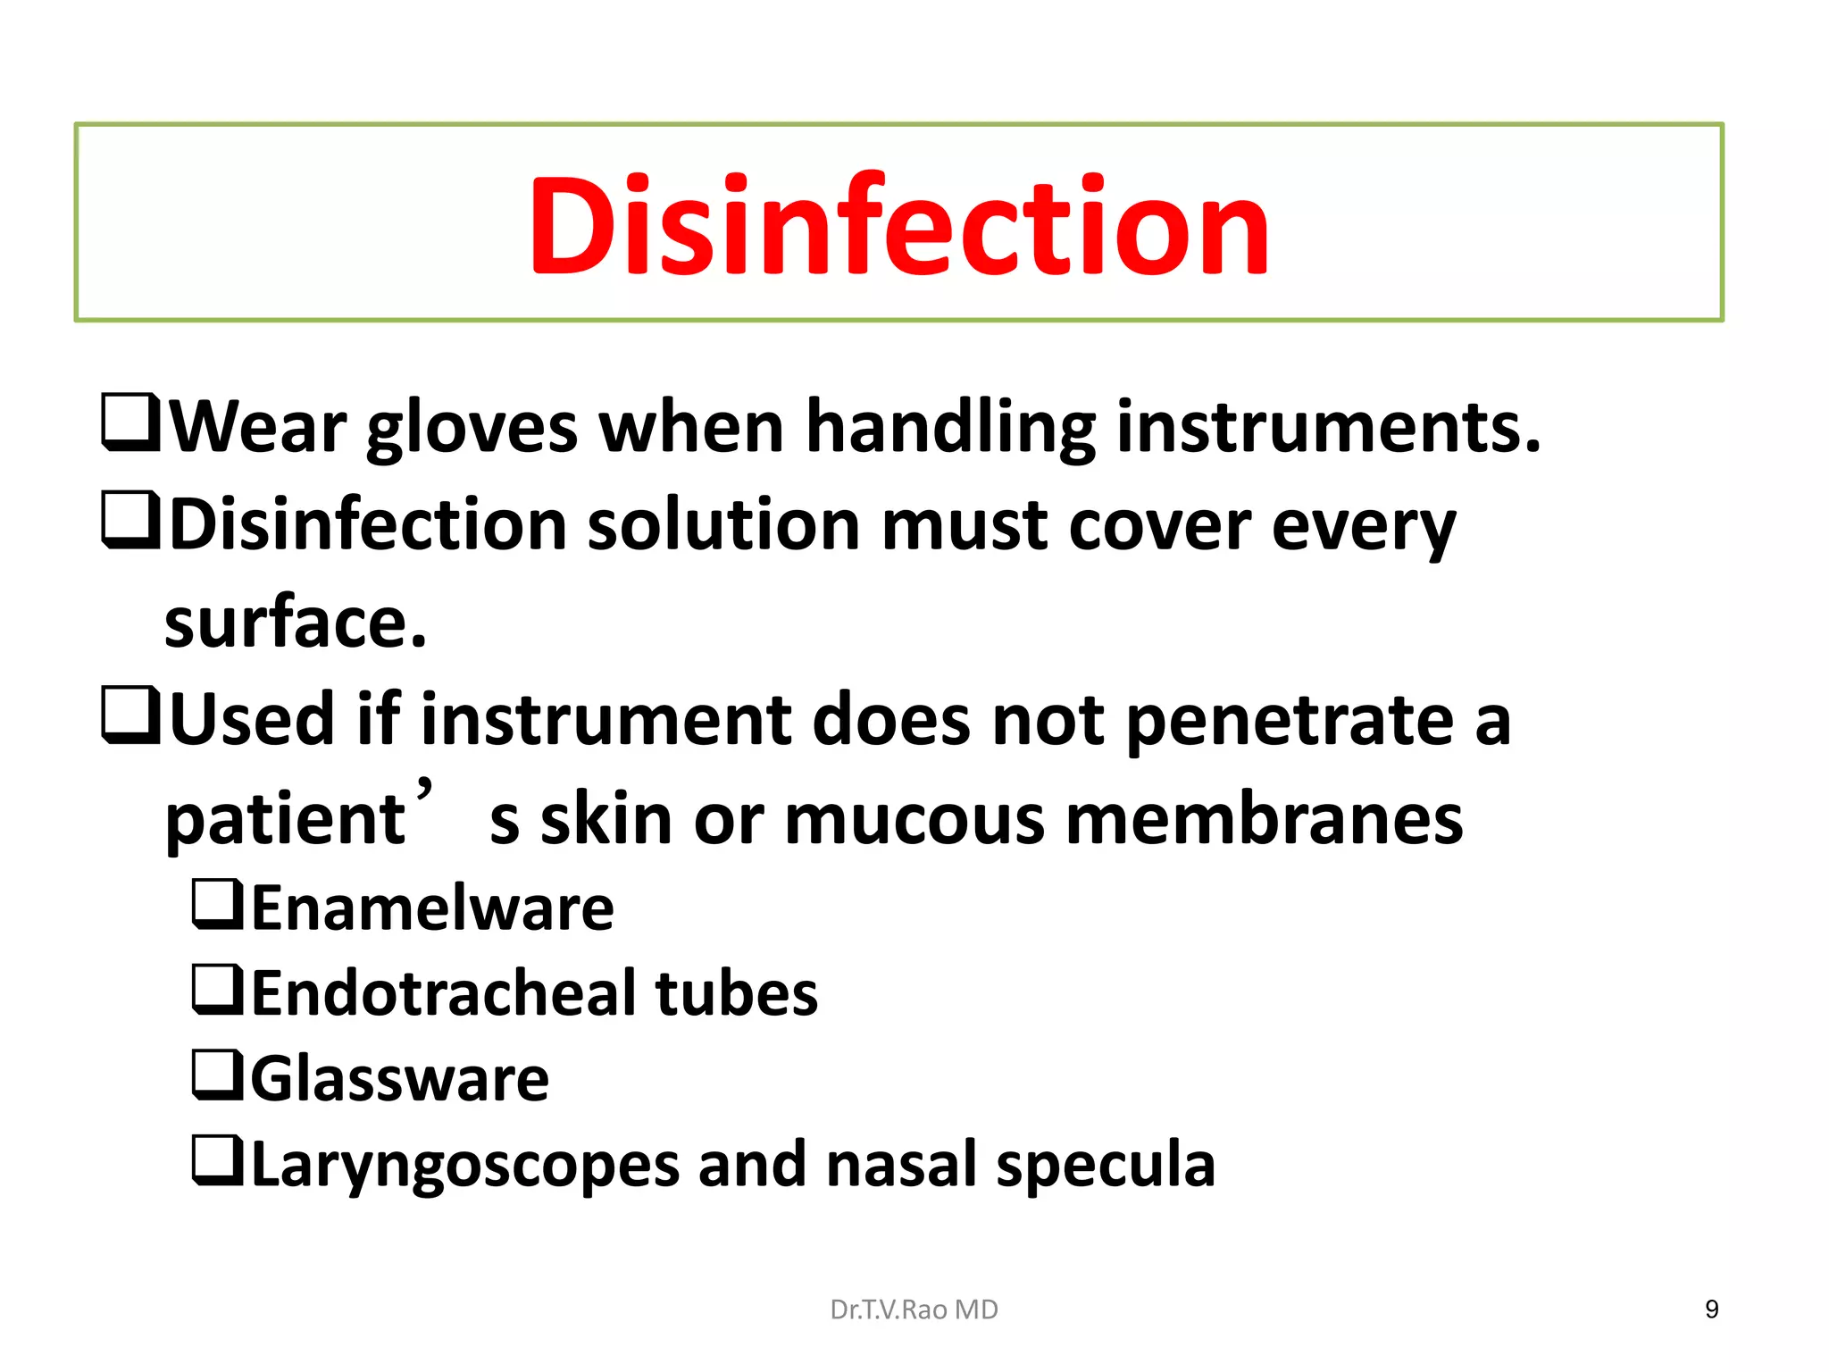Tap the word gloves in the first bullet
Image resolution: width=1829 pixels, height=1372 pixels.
[472, 429]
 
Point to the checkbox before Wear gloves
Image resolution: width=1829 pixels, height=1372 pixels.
[130, 422]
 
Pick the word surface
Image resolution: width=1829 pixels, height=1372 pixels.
[296, 623]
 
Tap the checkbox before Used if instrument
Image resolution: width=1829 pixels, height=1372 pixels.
[130, 715]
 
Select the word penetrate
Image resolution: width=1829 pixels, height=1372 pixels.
[1290, 722]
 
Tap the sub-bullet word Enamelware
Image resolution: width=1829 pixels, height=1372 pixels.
[433, 908]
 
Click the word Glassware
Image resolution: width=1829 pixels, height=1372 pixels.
[400, 1079]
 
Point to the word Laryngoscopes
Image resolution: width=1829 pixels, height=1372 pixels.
[465, 1166]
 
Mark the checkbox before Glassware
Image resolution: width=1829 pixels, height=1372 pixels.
[217, 1075]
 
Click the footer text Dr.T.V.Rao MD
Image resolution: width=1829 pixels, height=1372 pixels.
[914, 1309]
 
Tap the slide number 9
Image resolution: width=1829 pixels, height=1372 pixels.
[1711, 1309]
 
